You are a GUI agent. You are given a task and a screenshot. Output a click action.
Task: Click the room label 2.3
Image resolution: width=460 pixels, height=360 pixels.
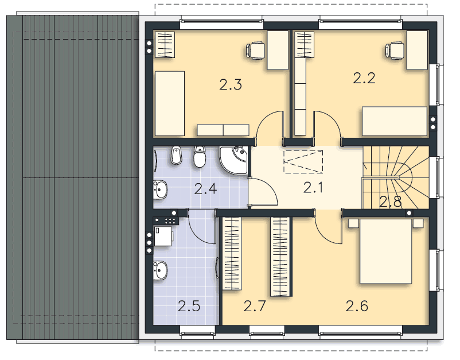[231, 84]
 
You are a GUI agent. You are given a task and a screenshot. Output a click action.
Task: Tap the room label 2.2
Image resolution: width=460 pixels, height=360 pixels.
[364, 79]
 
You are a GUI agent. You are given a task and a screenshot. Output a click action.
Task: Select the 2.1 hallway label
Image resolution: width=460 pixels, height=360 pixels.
[313, 188]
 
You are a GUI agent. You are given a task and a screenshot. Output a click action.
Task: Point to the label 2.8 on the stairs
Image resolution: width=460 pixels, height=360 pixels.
[391, 202]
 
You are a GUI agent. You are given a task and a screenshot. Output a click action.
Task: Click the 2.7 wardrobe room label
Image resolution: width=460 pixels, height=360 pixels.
[255, 306]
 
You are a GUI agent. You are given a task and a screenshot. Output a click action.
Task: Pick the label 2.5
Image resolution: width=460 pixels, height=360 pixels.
[189, 306]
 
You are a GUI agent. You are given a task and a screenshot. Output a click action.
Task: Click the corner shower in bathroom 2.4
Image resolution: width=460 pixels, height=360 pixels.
[233, 160]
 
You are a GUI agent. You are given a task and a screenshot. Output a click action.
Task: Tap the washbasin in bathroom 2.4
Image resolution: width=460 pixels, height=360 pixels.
[160, 189]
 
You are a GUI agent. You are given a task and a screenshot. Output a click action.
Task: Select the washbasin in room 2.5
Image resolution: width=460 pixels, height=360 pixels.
[160, 270]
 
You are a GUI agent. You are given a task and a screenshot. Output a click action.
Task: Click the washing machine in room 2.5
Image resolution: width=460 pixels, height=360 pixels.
[163, 236]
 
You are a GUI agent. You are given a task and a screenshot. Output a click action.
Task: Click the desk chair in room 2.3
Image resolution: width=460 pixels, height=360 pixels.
[255, 51]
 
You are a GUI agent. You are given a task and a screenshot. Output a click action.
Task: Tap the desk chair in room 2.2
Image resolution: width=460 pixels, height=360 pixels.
[395, 51]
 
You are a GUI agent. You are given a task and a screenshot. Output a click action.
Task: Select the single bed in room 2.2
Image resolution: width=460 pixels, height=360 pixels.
[395, 121]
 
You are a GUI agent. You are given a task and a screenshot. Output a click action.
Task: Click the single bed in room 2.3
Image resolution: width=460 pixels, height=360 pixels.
[170, 103]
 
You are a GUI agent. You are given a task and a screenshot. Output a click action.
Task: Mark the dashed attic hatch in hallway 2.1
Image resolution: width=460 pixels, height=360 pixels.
[303, 161]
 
